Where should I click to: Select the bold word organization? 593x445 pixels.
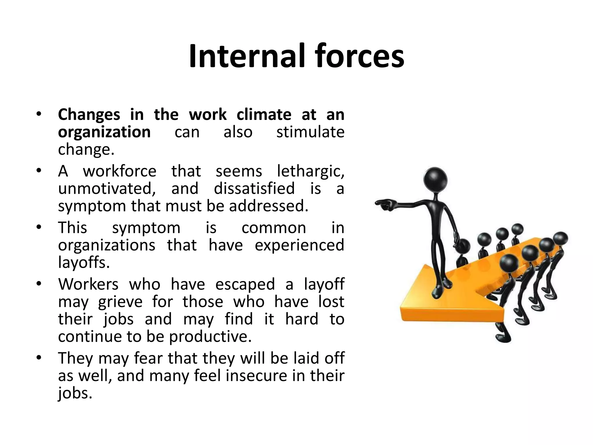(104, 132)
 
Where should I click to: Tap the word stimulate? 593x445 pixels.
(310, 132)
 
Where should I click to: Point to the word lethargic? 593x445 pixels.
(311, 172)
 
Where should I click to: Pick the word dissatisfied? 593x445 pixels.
(254, 189)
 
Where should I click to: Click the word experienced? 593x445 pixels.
(299, 245)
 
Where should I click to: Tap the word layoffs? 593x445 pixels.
(84, 263)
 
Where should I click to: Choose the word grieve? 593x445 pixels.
(120, 302)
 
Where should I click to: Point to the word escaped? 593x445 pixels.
(245, 284)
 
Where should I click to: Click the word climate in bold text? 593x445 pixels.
(264, 115)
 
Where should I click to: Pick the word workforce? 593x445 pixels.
(120, 172)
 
